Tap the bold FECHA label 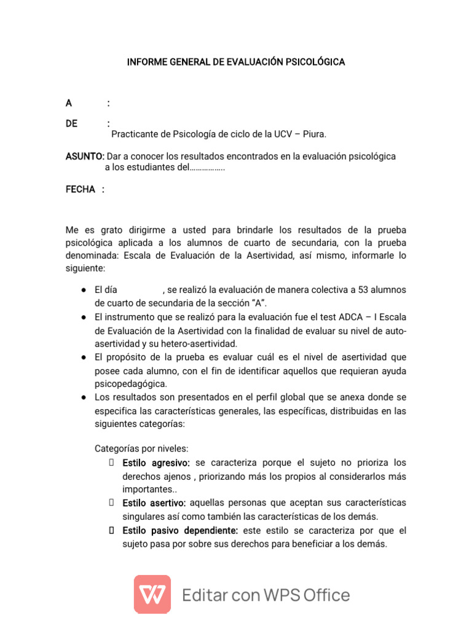pos(81,189)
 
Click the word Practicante pos(135,134)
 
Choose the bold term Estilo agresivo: pos(156,463)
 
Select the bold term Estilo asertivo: pos(154,503)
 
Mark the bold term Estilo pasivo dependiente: pos(180,530)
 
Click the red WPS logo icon pos(152,594)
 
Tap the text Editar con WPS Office pos(266,595)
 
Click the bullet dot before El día pos(82,289)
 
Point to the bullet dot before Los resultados pos(82,397)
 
